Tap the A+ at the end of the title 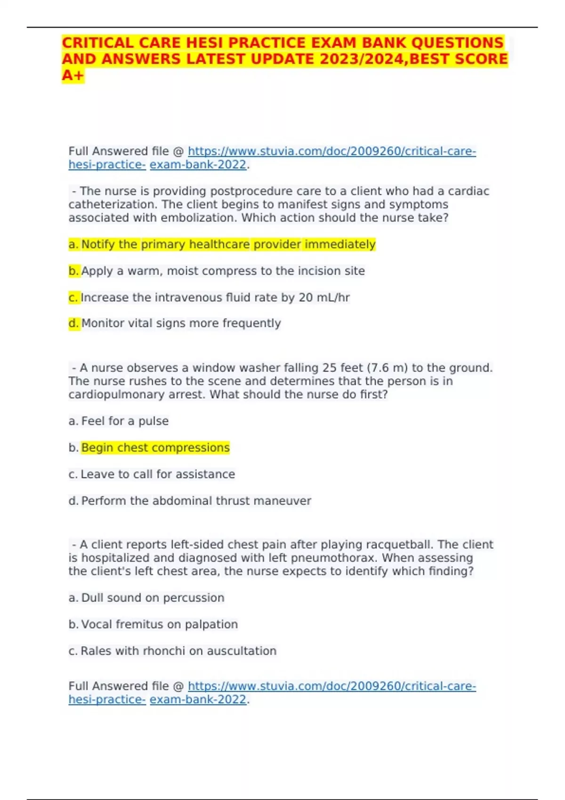73,75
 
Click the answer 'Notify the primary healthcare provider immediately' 228,244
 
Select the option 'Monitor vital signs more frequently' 181,323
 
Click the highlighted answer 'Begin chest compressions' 155,448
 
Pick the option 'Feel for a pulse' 125,421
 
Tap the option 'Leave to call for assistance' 158,474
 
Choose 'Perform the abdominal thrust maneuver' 196,501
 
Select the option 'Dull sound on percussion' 153,598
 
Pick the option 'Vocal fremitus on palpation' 159,624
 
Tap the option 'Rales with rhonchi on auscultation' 178,651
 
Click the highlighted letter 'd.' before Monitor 74,323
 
